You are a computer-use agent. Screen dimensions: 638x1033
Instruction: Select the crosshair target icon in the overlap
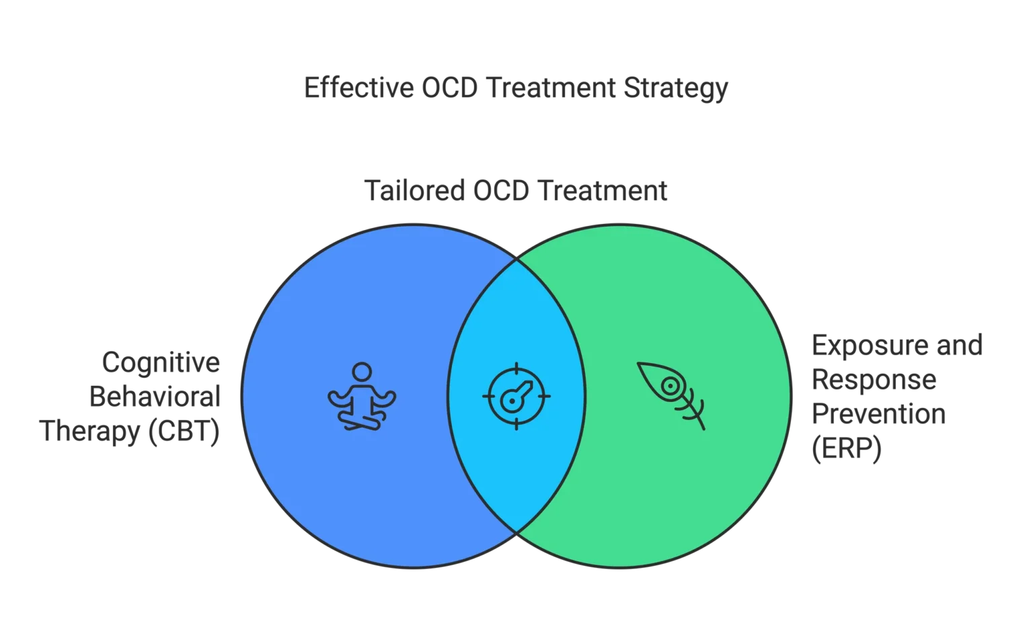pyautogui.click(x=516, y=395)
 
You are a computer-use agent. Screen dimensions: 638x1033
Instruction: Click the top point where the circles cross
pyautogui.click(x=516, y=259)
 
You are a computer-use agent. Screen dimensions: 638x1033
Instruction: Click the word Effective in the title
pyautogui.click(x=356, y=89)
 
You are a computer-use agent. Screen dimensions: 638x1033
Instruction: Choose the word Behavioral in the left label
pyautogui.click(x=153, y=396)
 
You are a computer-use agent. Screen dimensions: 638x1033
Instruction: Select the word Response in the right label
pyautogui.click(x=873, y=381)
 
